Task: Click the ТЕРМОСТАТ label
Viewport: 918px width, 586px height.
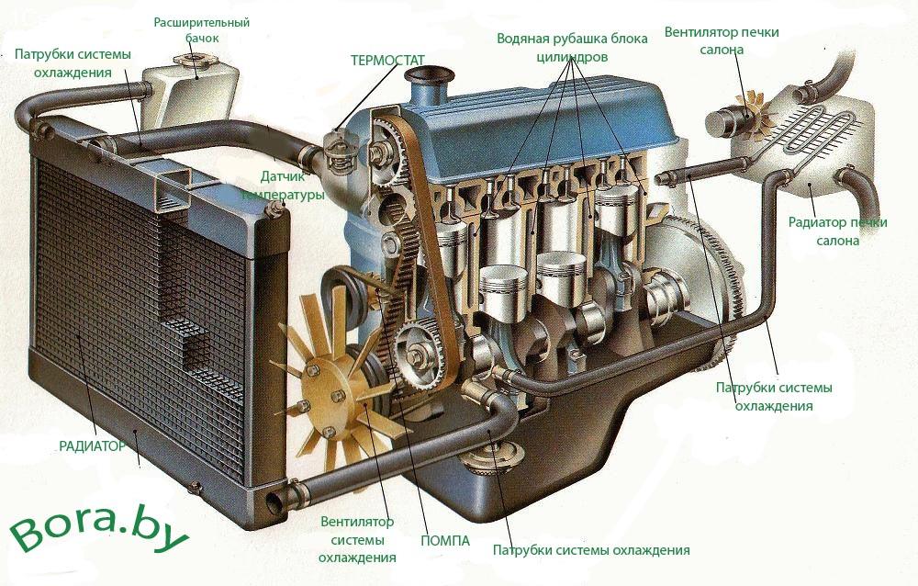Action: point(387,61)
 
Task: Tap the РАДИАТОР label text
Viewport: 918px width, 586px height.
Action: point(92,446)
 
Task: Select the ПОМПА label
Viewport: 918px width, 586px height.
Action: point(445,541)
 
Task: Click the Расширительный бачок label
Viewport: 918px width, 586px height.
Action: point(201,30)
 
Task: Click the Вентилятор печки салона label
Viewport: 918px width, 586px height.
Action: point(722,40)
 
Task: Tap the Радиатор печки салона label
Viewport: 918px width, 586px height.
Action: point(838,231)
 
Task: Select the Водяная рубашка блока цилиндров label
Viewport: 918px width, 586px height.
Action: point(572,48)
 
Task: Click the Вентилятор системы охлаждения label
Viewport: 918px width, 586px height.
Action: point(357,540)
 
